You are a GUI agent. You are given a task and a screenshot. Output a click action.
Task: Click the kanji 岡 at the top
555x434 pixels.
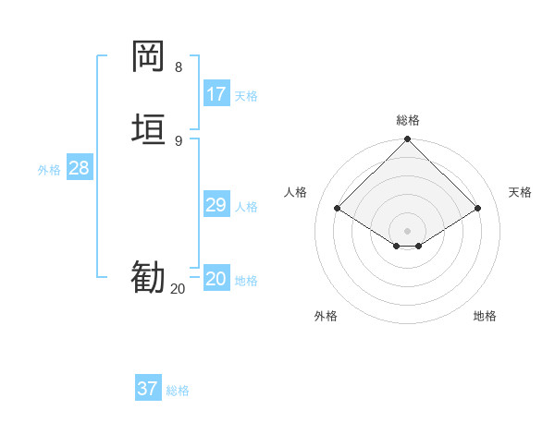pyautogui.click(x=148, y=56)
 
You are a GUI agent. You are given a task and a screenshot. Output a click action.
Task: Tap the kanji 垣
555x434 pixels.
pyautogui.click(x=148, y=128)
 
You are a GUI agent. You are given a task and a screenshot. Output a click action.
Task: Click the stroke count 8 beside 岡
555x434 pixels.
pyautogui.click(x=179, y=67)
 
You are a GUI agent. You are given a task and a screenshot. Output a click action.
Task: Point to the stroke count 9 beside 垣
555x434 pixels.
pyautogui.click(x=179, y=140)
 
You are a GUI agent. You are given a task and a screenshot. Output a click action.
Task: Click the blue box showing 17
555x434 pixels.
pyautogui.click(x=216, y=94)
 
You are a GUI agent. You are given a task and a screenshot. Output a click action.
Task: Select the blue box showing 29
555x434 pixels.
pyautogui.click(x=216, y=205)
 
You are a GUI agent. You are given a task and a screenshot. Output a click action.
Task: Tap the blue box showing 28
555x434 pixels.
pyautogui.click(x=79, y=168)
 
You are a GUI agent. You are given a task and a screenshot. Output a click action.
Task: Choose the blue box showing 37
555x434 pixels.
pyautogui.click(x=148, y=389)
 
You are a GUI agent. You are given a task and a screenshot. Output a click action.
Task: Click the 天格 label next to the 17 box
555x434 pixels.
pyautogui.click(x=246, y=96)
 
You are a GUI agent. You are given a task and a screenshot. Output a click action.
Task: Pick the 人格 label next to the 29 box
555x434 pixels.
pyautogui.click(x=246, y=207)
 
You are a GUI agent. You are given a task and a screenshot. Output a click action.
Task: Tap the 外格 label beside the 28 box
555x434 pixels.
pyautogui.click(x=49, y=170)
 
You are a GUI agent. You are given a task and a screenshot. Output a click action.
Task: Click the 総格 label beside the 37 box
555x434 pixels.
pyautogui.click(x=178, y=391)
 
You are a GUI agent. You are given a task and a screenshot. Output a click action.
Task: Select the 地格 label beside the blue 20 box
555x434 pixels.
pyautogui.click(x=246, y=281)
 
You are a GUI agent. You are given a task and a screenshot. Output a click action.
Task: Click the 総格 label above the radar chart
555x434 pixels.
pyautogui.click(x=408, y=120)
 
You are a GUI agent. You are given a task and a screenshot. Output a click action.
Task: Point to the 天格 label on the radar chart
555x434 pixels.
pyautogui.click(x=520, y=192)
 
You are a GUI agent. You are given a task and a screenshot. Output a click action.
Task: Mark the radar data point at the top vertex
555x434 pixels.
pyautogui.click(x=408, y=140)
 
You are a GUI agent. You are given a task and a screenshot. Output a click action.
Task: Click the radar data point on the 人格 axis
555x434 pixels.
pyautogui.click(x=338, y=209)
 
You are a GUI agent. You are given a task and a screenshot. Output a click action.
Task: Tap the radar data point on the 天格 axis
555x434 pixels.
pyautogui.click(x=478, y=209)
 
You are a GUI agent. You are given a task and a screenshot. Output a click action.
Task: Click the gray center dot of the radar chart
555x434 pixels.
pyautogui.click(x=408, y=231)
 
